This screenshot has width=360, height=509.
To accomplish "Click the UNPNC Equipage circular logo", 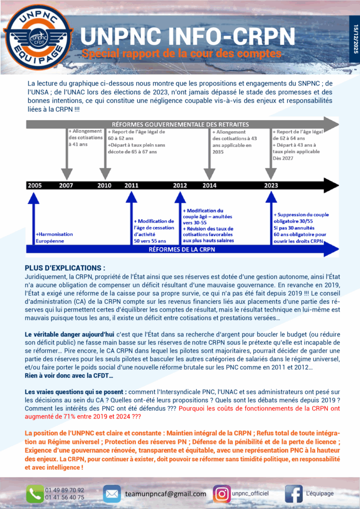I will tap(38, 36).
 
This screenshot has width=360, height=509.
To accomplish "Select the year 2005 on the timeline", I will tap(35, 185).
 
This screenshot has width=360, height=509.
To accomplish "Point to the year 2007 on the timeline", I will tap(66, 185).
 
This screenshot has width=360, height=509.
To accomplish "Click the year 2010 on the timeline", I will tap(104, 185).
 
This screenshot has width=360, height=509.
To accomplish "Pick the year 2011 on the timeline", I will tap(131, 185).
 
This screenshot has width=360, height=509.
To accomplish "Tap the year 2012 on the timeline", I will tap(180, 185).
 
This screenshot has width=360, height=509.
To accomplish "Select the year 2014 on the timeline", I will tap(209, 185).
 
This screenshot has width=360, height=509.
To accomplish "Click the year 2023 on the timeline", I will tap(271, 185).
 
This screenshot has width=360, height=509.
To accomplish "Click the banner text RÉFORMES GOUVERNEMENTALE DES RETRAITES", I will tap(180, 124).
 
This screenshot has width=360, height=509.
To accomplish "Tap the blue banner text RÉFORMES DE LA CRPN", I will tap(180, 250).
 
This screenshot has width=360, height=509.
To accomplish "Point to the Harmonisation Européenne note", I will tap(54, 237).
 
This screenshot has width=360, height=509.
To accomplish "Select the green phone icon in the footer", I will tap(35, 494).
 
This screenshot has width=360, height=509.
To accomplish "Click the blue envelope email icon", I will tap(112, 494).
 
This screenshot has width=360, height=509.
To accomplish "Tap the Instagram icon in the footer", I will tap(222, 494).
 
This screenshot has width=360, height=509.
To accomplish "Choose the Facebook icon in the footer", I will tap(294, 494).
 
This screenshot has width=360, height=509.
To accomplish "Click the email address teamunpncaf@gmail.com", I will tap(166, 494).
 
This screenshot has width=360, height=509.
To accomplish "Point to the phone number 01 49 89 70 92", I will tap(65, 490).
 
